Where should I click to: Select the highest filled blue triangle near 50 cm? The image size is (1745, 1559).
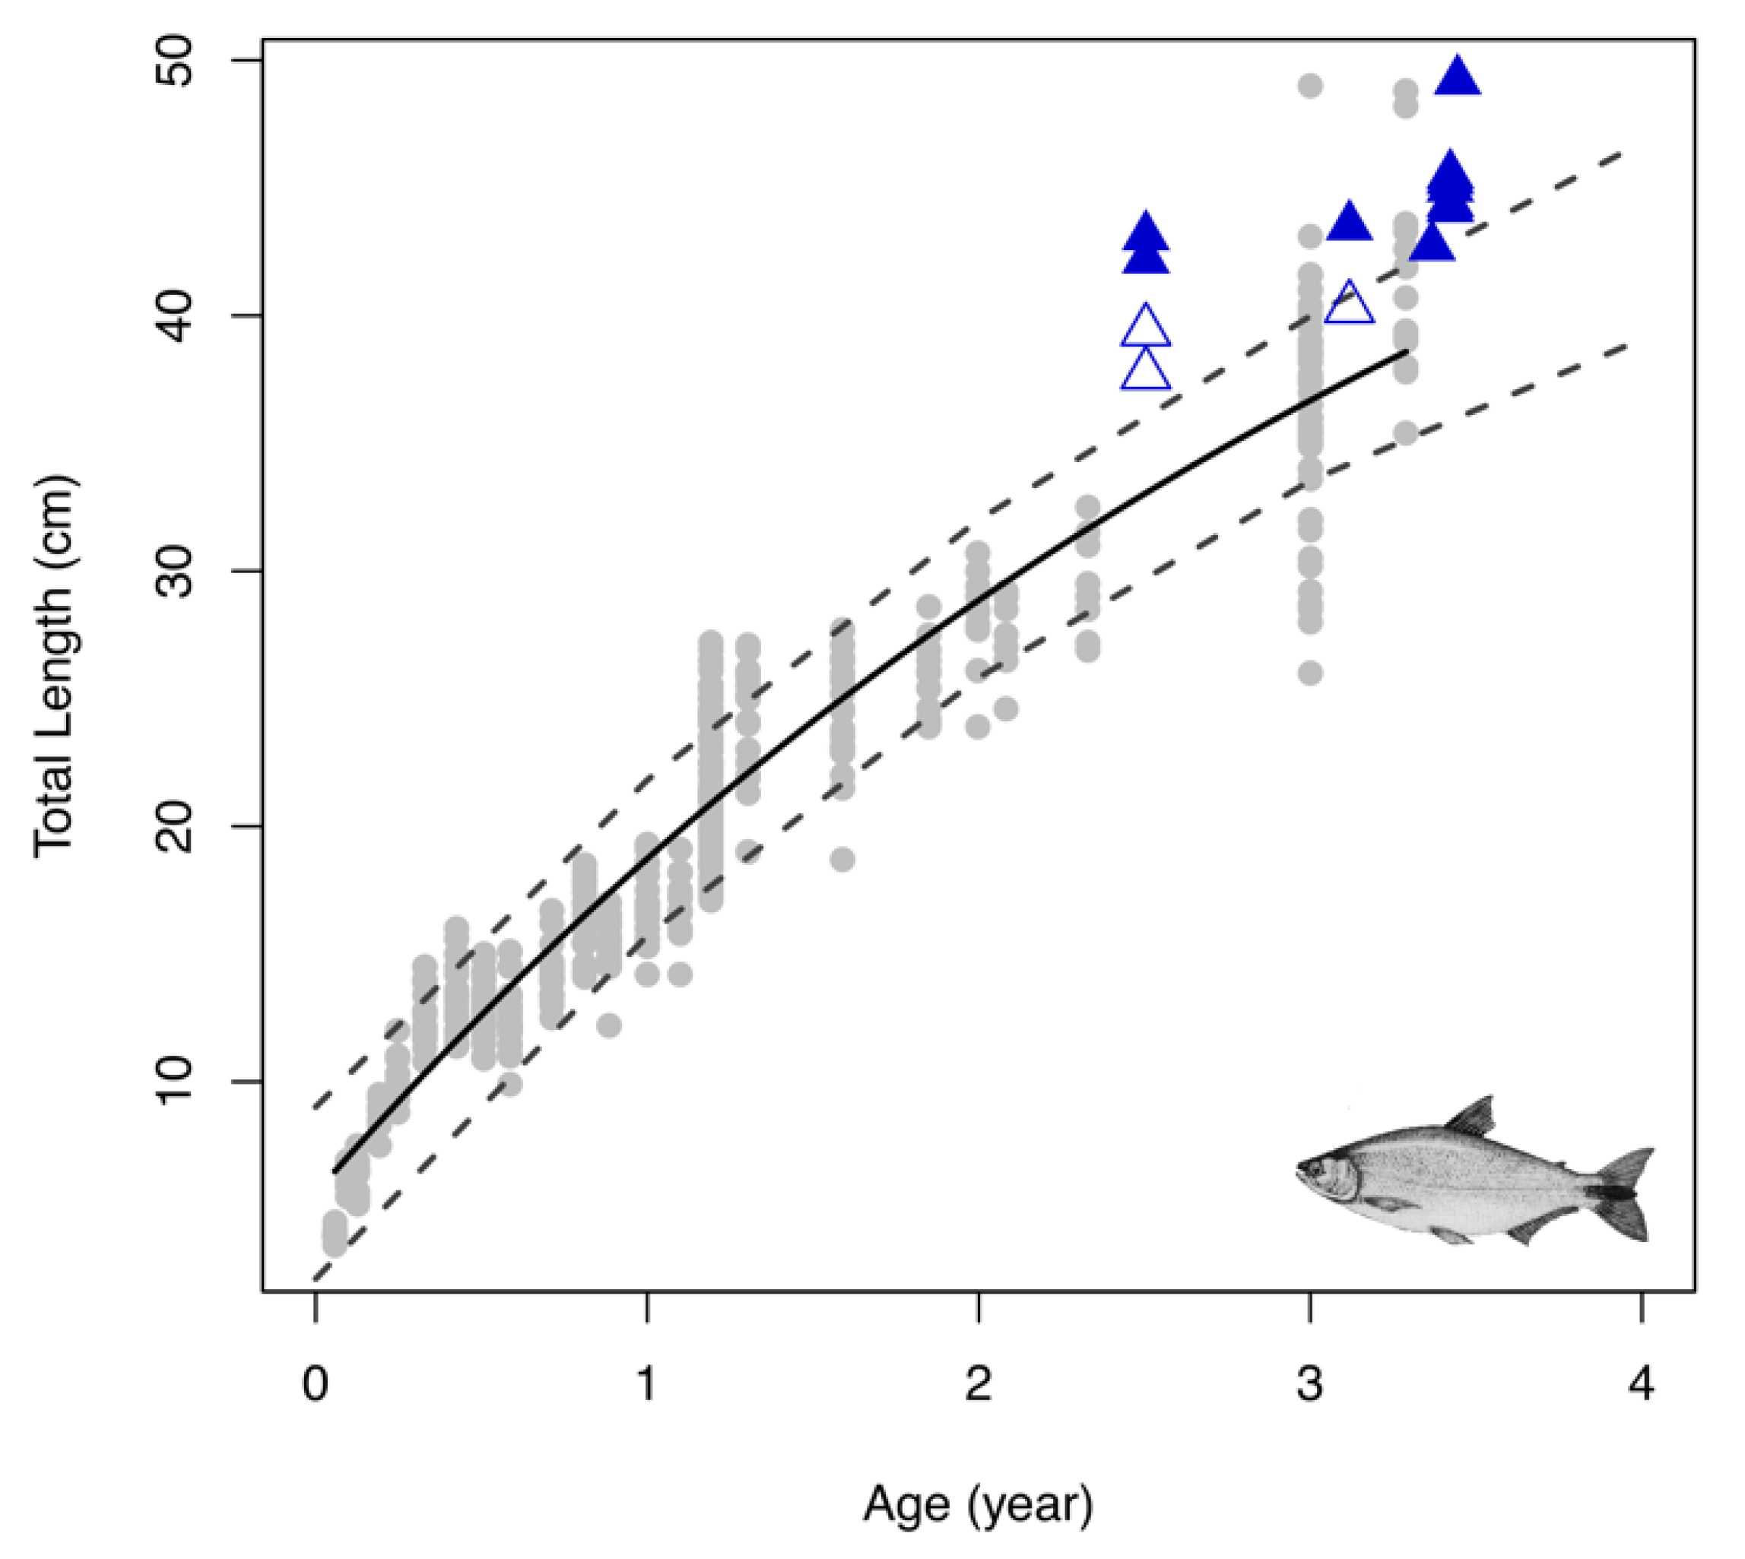tap(1457, 77)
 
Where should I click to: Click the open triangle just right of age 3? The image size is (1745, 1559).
tap(1349, 305)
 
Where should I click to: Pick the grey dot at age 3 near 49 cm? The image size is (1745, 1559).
tap(1310, 86)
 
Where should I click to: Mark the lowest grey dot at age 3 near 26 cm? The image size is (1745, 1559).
tap(1310, 673)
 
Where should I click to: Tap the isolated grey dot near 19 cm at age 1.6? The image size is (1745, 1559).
tap(843, 859)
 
